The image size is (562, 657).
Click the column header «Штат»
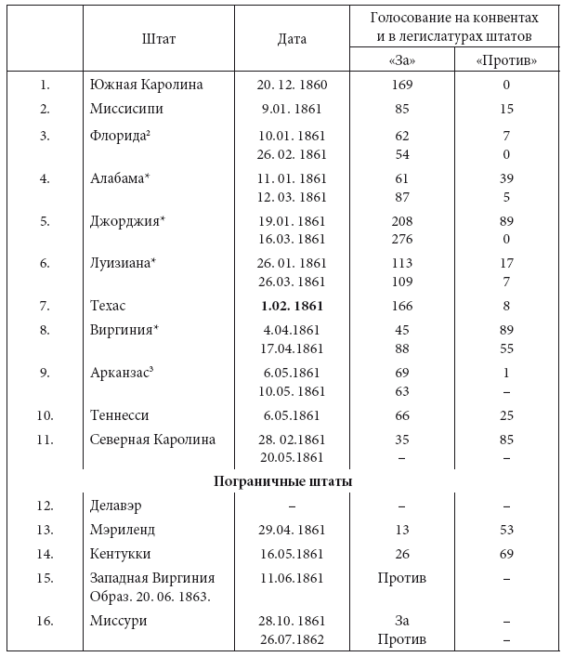tap(159, 39)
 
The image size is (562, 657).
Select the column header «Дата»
tap(292, 39)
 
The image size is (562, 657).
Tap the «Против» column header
tap(506, 60)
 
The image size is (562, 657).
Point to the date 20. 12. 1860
tap(292, 85)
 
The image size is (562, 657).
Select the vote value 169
tap(402, 85)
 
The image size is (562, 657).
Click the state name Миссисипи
tap(129, 109)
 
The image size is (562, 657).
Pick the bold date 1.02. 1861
tap(292, 305)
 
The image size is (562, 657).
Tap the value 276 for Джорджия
tap(402, 238)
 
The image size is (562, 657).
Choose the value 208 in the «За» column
tap(402, 221)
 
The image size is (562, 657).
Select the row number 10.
tap(45, 414)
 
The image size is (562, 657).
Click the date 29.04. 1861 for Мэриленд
tap(292, 530)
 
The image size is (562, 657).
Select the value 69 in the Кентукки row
tap(506, 554)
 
